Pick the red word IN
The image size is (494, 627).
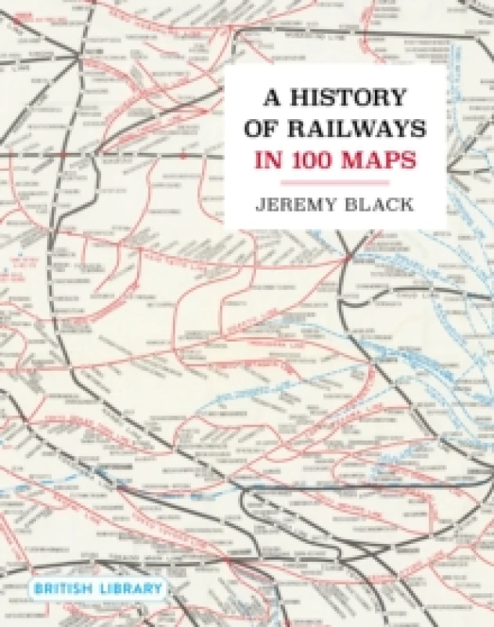[263, 160]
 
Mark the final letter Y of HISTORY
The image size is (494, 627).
[399, 99]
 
